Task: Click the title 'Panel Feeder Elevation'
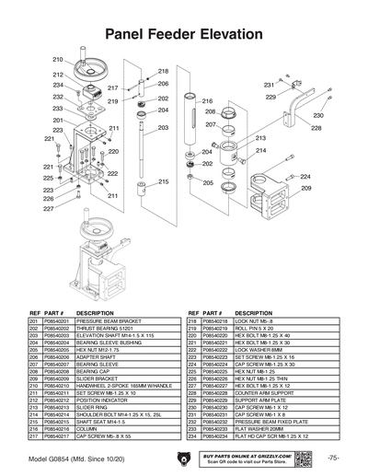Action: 184,34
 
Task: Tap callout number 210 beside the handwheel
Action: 57,59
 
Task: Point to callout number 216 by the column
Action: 207,101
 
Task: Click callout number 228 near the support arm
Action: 316,129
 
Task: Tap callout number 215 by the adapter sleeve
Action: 164,181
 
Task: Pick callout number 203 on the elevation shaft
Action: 163,128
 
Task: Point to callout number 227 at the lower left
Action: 48,209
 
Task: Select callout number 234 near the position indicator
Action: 57,85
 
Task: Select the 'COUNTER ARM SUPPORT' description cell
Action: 262,390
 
